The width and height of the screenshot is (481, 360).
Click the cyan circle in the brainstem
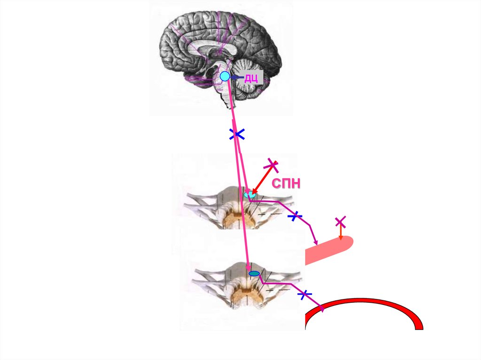click(x=225, y=76)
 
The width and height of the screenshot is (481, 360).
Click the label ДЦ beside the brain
click(x=250, y=78)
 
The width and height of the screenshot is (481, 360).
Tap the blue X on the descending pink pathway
click(x=237, y=135)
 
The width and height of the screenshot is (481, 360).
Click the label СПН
click(x=286, y=184)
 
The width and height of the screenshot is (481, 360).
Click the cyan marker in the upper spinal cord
click(x=250, y=193)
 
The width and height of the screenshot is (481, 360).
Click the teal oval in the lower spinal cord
click(x=254, y=274)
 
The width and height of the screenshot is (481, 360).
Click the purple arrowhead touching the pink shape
click(x=316, y=242)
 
